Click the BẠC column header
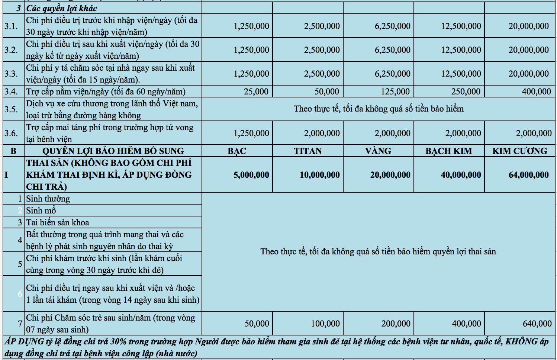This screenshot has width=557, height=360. pos(237,151)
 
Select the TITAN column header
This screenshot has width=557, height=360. pos(308,151)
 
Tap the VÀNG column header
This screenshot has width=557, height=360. pos(378,151)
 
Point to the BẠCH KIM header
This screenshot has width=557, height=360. pos(448,151)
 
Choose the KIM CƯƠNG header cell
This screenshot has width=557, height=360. pos(520,151)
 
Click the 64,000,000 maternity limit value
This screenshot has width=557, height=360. pos(528,175)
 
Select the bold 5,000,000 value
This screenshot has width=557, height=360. pos(251,175)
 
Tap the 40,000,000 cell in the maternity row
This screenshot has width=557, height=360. pos(461,175)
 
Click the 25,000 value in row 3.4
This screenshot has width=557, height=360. pos(256,91)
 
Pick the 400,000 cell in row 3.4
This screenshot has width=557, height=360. pos(536,91)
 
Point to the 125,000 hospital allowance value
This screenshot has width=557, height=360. pos(395,91)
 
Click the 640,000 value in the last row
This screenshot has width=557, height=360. pos(537,324)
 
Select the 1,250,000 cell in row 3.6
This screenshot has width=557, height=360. pos(251,133)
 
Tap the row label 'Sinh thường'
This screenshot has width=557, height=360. pos(48,199)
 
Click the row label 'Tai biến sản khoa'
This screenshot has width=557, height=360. pos(58,222)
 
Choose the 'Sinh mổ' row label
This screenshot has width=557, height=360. pos(41,210)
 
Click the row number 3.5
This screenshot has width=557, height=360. pos(11,109)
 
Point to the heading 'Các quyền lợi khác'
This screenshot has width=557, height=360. pos(62,8)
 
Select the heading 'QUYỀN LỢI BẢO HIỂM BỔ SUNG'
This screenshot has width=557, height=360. pos(113,151)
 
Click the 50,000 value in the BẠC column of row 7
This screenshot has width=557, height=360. pos(257,324)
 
